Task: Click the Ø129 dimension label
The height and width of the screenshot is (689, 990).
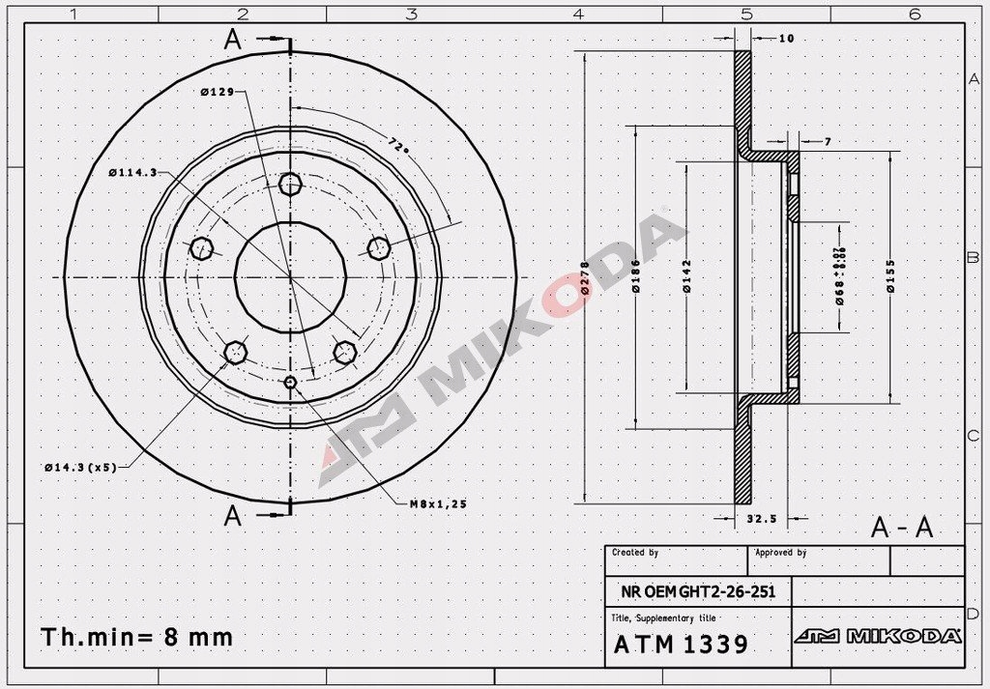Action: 219,92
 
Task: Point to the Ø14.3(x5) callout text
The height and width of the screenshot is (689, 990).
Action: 80,467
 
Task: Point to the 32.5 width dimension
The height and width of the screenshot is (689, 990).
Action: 762,519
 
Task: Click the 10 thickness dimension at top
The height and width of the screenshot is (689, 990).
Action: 785,39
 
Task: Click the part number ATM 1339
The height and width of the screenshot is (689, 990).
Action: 681,645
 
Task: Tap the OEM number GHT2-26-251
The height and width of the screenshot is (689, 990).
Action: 698,591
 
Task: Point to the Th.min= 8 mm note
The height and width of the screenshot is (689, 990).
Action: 136,638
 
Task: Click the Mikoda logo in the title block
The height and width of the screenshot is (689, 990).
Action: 877,636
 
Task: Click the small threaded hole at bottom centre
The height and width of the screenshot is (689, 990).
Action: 291,384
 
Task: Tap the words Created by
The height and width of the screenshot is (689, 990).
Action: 635,553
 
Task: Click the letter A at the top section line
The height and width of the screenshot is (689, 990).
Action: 232,40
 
